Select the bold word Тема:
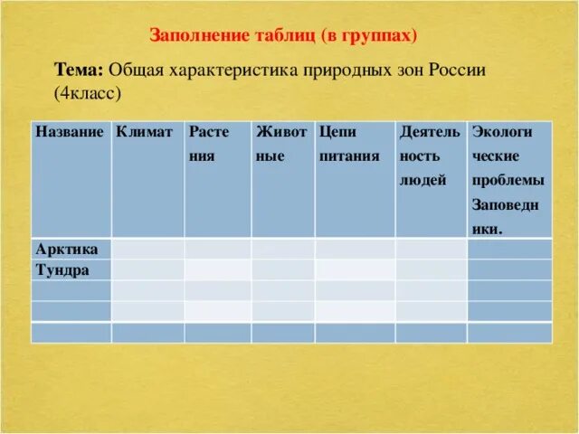79,70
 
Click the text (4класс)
88,93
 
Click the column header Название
70,132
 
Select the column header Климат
144,132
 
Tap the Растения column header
209,144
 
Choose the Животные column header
281,144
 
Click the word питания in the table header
349,156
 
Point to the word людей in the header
422,181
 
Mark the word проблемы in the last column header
508,181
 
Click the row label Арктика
67,250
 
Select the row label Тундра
62,270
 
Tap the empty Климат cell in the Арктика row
148,249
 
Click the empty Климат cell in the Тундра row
148,269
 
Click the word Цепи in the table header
337,133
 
